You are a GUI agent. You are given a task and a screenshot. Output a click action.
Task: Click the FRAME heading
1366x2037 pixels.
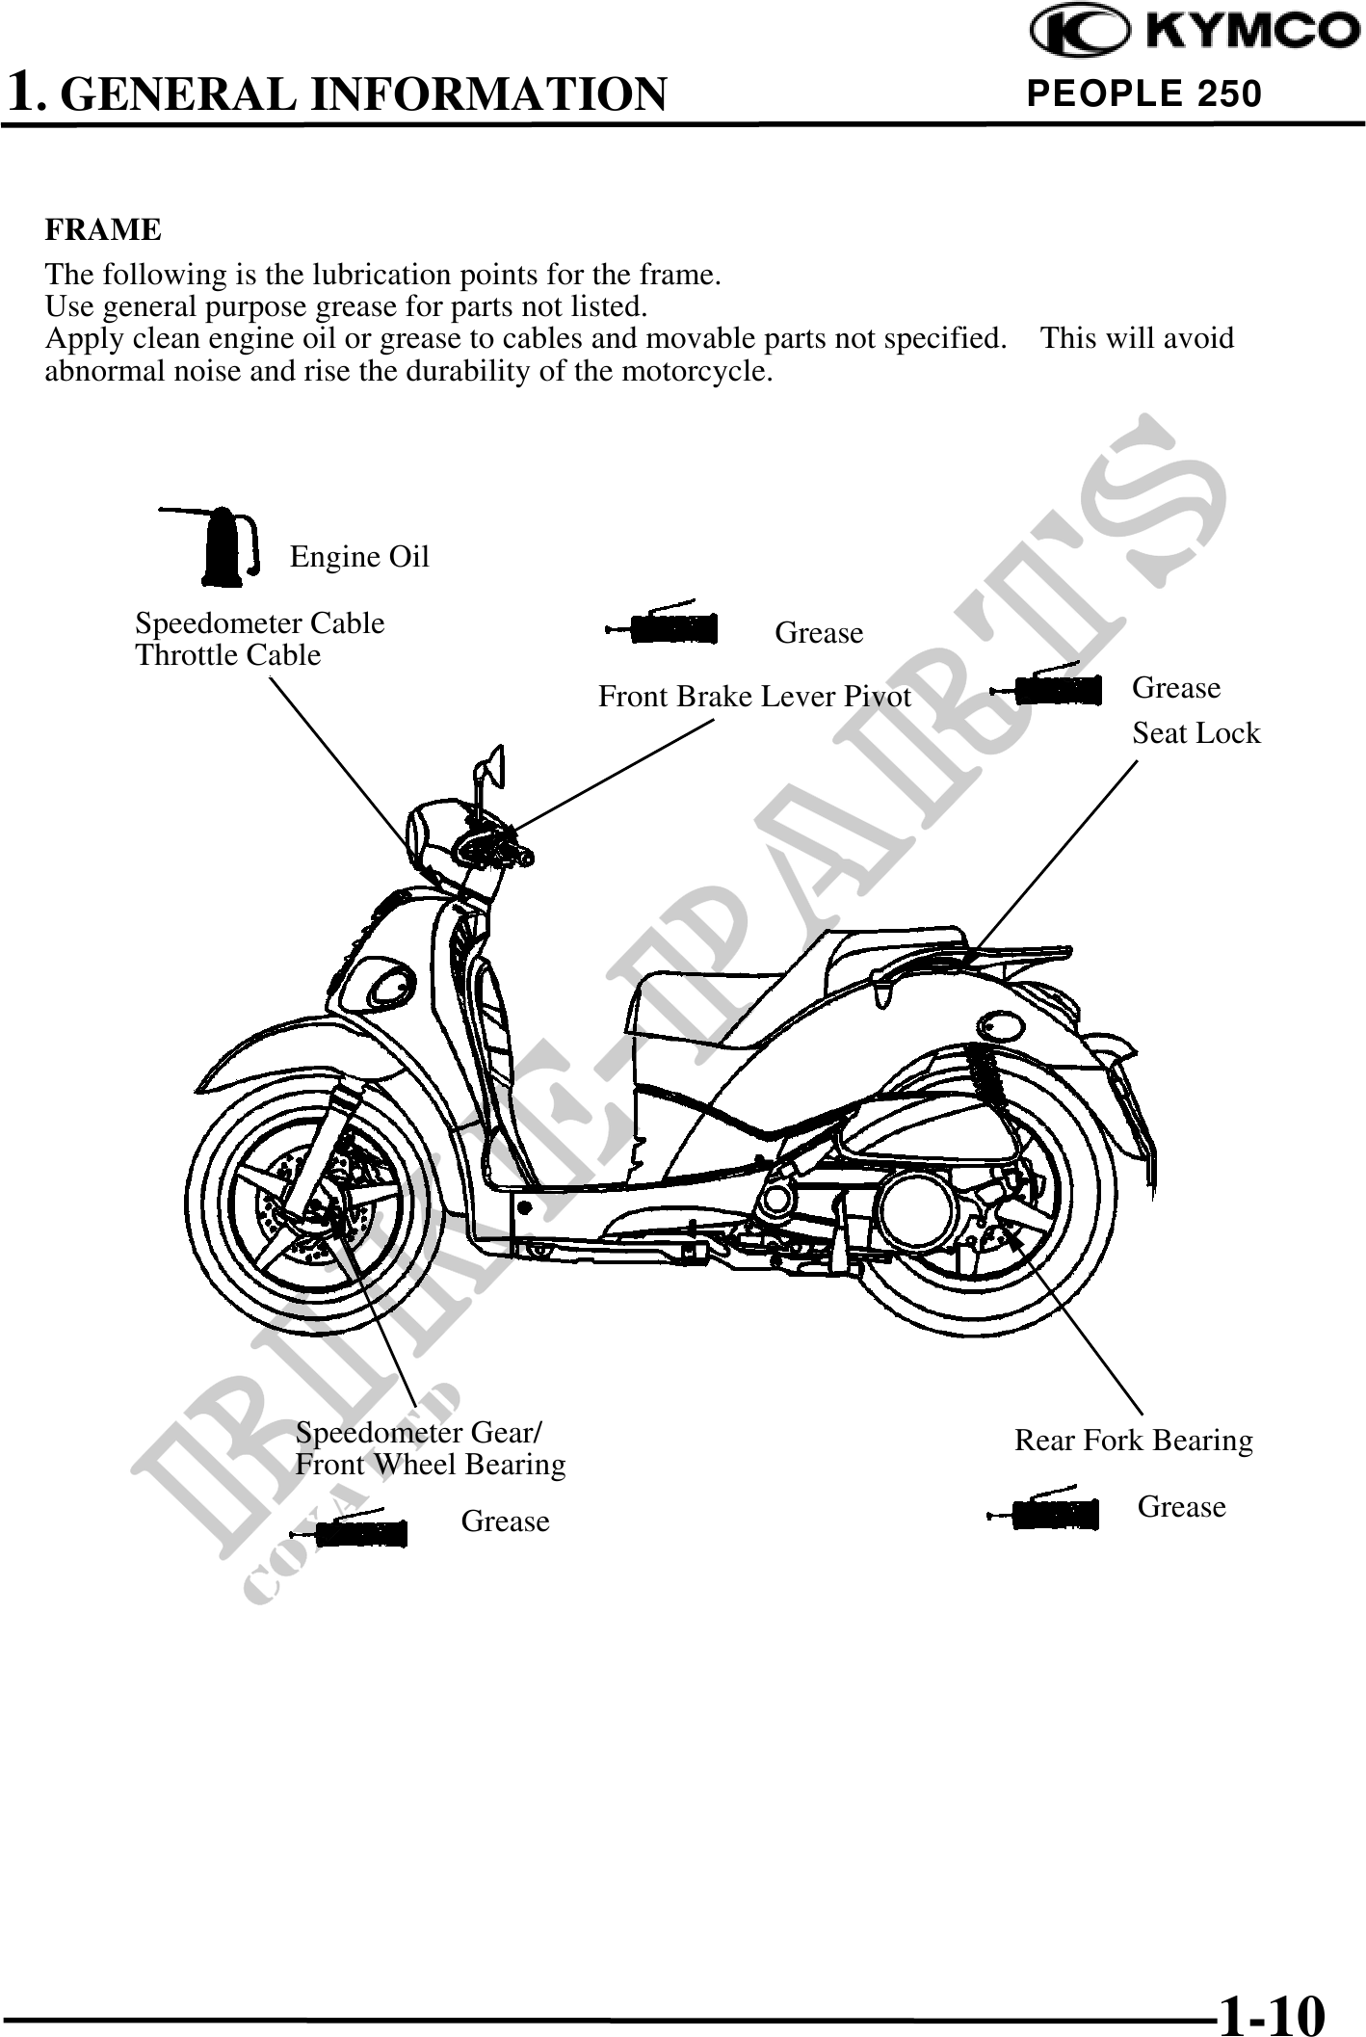click(104, 230)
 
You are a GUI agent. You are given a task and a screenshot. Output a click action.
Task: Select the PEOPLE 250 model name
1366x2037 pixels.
click(1144, 93)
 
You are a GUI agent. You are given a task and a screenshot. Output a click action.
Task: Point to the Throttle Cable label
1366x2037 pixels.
click(228, 655)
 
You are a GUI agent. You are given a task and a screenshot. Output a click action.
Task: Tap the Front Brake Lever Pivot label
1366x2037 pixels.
click(754, 696)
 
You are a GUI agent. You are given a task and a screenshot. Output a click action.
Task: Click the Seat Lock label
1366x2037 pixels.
click(1195, 733)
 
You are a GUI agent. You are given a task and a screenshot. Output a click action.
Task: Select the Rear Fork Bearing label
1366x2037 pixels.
click(1134, 1441)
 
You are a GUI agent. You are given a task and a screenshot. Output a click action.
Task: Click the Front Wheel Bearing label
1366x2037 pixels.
click(431, 1465)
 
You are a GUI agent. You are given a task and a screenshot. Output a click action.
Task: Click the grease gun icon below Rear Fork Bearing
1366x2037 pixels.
click(1046, 1513)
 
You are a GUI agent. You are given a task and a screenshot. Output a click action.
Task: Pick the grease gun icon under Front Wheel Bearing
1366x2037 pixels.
click(356, 1528)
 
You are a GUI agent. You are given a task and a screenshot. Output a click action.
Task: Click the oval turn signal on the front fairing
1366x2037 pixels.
click(392, 984)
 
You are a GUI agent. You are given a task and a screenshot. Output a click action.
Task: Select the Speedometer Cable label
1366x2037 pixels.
click(260, 623)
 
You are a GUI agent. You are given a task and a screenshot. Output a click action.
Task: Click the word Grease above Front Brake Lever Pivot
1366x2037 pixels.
click(819, 633)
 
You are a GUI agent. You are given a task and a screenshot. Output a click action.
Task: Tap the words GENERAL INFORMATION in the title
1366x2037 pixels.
click(369, 94)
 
